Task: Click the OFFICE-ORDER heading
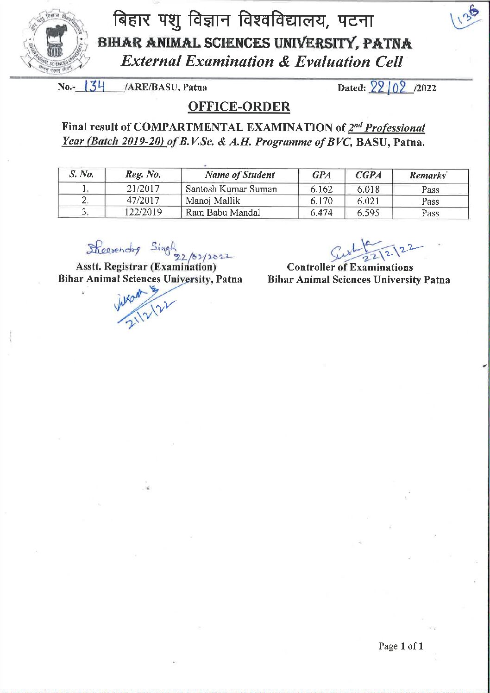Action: tap(239, 107)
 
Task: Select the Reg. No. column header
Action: tap(143, 175)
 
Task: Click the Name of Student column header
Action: tap(239, 175)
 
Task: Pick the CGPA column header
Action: tap(368, 175)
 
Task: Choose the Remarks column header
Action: tap(427, 176)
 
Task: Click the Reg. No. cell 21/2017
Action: tap(143, 189)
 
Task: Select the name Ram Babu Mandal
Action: tap(223, 213)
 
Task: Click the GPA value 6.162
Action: tap(321, 189)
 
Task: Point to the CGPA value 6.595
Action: tap(368, 213)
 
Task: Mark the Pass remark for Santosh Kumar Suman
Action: tap(430, 189)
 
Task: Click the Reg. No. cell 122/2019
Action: tap(143, 213)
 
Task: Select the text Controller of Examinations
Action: tap(350, 267)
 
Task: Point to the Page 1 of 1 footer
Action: tap(401, 646)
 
